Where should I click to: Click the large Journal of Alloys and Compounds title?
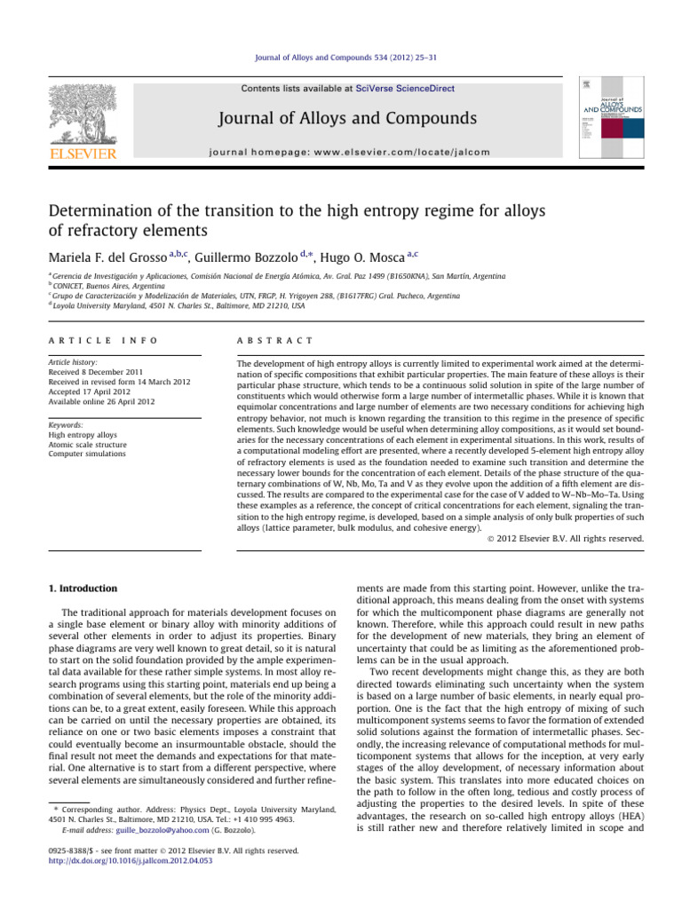[x=341, y=118]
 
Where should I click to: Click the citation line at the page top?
[x=341, y=59]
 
